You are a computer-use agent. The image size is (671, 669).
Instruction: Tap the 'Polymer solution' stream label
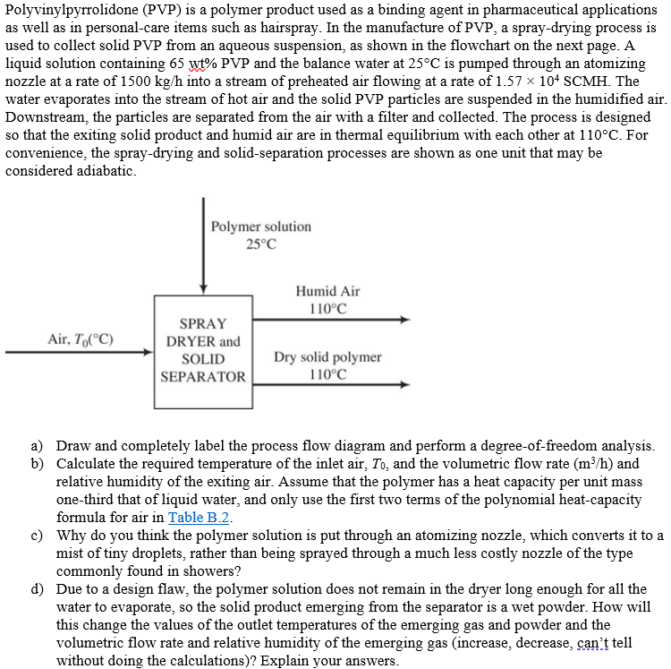point(261,227)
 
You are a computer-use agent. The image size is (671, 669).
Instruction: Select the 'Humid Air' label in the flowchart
point(327,291)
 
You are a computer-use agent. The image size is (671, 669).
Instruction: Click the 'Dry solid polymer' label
point(328,356)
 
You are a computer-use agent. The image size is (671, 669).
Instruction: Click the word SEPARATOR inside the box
point(203,376)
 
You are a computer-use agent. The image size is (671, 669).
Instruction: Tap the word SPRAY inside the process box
point(203,323)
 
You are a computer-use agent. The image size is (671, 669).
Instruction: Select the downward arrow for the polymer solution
point(204,251)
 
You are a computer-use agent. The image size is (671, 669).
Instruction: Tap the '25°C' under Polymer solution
point(261,244)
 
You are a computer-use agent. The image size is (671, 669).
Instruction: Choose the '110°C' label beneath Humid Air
point(327,308)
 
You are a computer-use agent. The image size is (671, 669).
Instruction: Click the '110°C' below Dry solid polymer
point(327,373)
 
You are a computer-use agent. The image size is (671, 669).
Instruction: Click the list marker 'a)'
point(38,445)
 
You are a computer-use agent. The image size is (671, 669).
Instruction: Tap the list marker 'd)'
point(38,588)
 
